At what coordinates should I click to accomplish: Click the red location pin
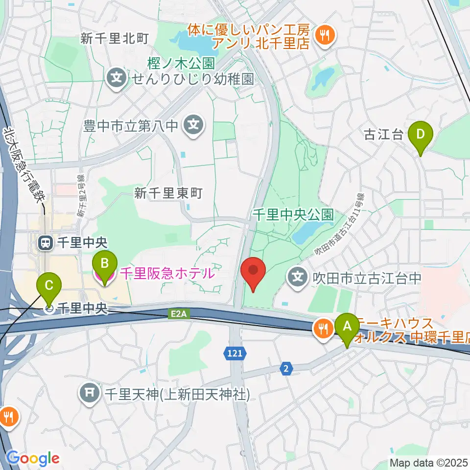253,274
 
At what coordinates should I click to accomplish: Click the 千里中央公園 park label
293,214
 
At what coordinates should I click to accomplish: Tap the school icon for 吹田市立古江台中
298,277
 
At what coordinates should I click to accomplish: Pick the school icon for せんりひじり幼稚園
117,77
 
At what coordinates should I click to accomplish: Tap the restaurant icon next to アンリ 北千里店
324,34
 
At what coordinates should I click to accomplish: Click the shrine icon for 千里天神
90,393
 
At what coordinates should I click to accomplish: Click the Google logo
33,458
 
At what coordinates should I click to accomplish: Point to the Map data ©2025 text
428,462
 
